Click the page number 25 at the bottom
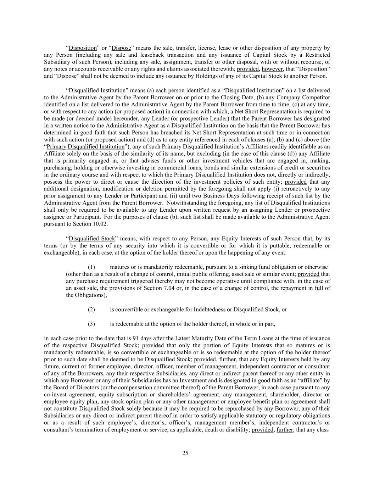[185, 453]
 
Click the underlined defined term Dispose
[121, 48]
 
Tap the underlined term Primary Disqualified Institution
[85, 146]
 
